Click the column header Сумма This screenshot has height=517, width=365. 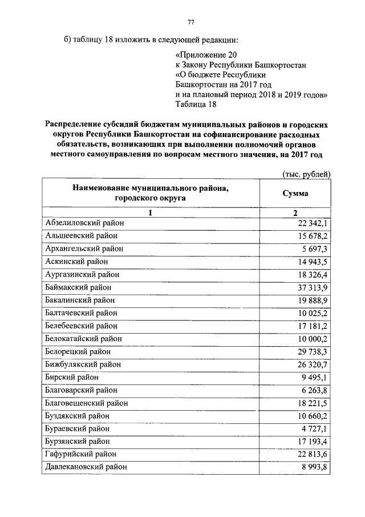point(295,194)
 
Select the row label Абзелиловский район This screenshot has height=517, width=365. point(84,223)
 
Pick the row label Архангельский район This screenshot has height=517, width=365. point(84,249)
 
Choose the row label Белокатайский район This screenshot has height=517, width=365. point(83,338)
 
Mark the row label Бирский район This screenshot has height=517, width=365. point(72,377)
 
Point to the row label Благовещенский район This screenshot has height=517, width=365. point(86,403)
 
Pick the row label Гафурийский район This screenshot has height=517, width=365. point(80,454)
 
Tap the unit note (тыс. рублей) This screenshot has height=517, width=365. point(307,174)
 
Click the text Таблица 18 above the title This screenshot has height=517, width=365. point(196,104)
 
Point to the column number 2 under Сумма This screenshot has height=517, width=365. point(295,213)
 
